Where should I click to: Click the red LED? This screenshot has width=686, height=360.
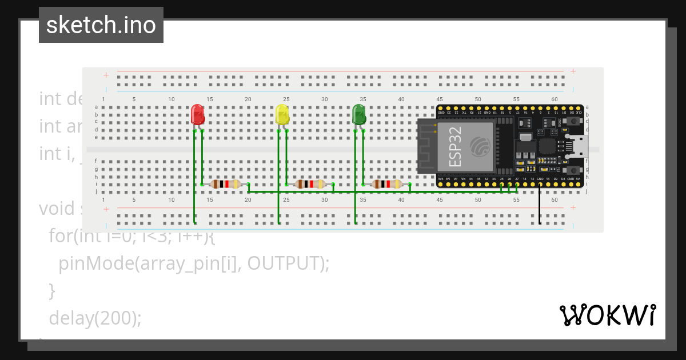pyautogui.click(x=197, y=114)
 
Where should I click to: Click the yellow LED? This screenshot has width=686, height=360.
pyautogui.click(x=282, y=114)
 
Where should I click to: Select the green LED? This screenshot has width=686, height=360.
pyautogui.click(x=359, y=114)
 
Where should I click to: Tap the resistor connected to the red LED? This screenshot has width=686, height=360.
pyautogui.click(x=226, y=184)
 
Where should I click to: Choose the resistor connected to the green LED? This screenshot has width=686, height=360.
pyautogui.click(x=387, y=184)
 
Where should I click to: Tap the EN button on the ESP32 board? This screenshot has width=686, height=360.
pyautogui.click(x=572, y=170)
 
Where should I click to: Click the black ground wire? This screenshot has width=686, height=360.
pyautogui.click(x=540, y=206)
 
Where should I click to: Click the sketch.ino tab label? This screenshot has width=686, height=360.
pyautogui.click(x=101, y=25)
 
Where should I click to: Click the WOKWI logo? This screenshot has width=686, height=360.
pyautogui.click(x=607, y=315)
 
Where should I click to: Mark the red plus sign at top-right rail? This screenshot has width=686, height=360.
pyautogui.click(x=573, y=71)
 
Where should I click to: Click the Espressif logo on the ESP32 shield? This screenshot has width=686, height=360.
pyautogui.click(x=480, y=146)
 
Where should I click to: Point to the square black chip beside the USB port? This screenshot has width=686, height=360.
pyautogui.click(x=548, y=146)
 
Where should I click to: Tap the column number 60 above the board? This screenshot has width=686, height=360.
pyautogui.click(x=554, y=99)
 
